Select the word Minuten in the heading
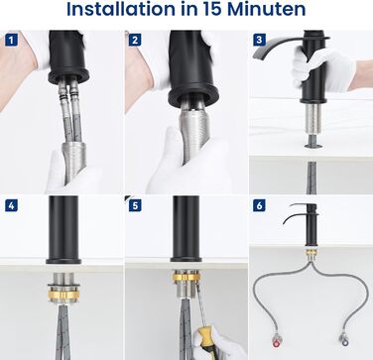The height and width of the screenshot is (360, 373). [x=267, y=9]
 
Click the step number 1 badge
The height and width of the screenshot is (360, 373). [x=11, y=41]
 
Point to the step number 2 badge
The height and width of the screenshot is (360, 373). [x=135, y=41]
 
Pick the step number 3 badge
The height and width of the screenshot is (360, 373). [x=259, y=41]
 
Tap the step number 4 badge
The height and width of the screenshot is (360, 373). [x=11, y=205]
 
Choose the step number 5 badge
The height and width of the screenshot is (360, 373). [x=135, y=205]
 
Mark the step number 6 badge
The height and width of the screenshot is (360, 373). [x=259, y=205]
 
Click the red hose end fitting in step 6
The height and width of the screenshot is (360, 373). [x=276, y=340]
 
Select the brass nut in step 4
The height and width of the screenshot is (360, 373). [x=63, y=295]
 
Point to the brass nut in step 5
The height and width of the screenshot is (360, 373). [x=186, y=276]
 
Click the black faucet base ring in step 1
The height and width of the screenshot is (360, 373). [x=68, y=76]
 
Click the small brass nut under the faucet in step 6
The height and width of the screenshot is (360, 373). [x=311, y=253]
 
